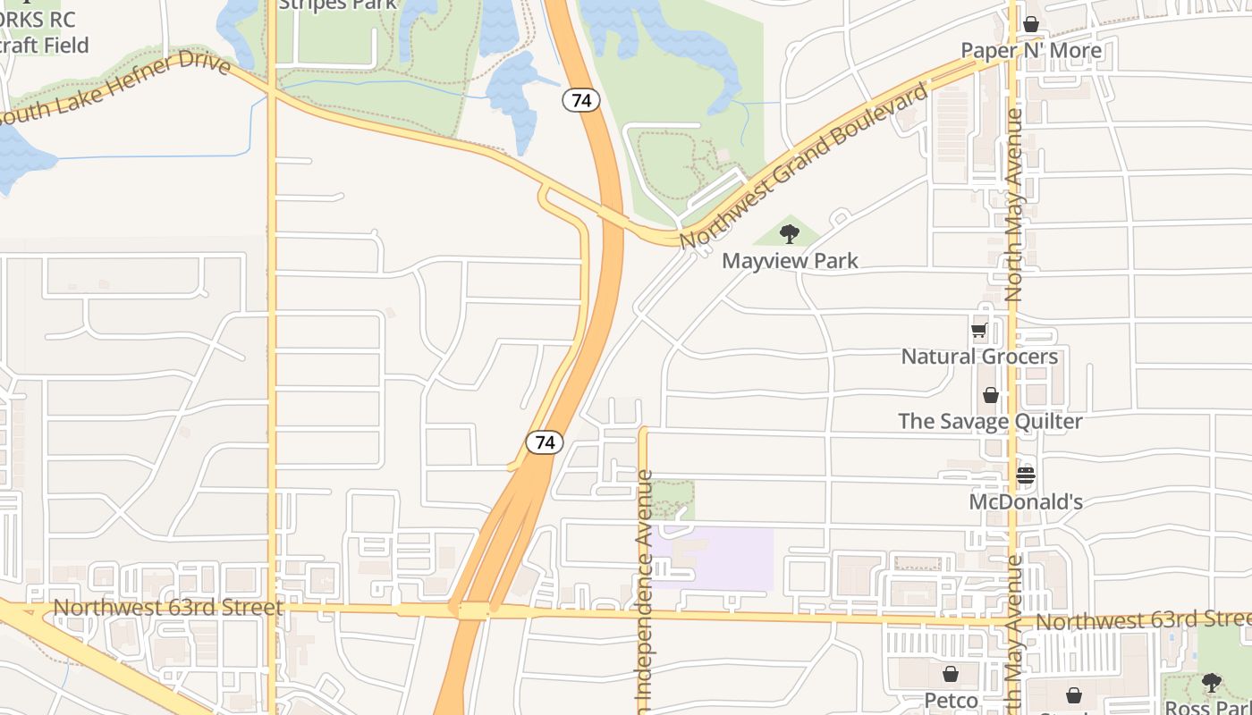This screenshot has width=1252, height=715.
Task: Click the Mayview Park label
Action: point(790,261)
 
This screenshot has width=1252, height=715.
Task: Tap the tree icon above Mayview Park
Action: point(789,234)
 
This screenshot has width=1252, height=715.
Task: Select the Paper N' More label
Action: point(1031,50)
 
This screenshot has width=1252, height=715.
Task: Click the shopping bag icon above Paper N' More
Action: point(1031,24)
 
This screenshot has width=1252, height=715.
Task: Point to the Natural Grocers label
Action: point(979,357)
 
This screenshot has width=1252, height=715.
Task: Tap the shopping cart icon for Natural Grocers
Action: point(979,331)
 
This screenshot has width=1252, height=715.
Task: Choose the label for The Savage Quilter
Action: point(990,421)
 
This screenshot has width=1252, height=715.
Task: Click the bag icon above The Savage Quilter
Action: point(991,395)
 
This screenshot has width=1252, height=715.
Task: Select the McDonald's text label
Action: point(1026,501)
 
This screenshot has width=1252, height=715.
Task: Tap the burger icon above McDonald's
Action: point(1026,475)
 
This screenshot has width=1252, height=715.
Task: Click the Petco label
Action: point(951,699)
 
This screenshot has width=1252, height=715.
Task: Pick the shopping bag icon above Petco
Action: point(951,674)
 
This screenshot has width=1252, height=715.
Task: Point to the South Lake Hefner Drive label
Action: point(116,88)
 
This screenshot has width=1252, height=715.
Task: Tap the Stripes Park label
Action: point(337,4)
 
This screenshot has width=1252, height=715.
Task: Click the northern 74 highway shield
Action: point(581,100)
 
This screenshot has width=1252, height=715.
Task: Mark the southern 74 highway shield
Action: point(545,442)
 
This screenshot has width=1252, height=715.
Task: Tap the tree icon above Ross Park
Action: point(1211,683)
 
